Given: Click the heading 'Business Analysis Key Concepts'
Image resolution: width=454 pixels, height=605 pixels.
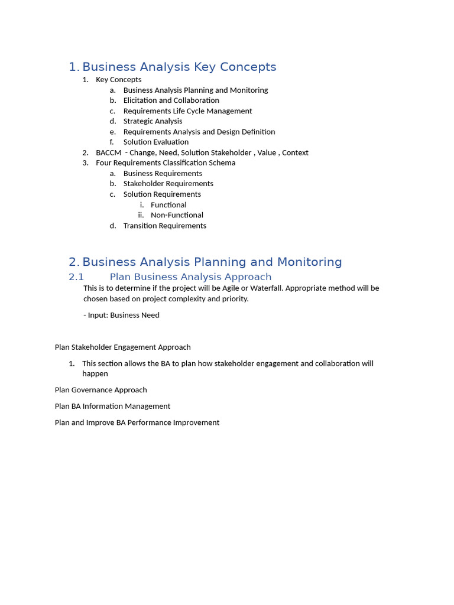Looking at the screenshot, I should click(179, 67).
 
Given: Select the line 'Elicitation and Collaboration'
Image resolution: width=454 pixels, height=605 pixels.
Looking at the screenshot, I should click(171, 100).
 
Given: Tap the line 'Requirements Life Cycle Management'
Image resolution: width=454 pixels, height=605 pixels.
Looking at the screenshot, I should click(187, 111).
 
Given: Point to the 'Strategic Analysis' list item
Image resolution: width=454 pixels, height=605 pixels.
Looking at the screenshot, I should click(153, 121).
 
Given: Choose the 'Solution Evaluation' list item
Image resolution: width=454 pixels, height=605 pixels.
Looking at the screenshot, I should click(156, 142).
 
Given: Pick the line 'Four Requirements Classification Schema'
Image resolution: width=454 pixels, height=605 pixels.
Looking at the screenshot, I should click(166, 162).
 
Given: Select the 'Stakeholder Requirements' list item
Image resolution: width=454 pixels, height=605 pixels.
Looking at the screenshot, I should click(168, 184).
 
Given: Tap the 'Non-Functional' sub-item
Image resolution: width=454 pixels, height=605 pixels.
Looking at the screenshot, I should click(177, 215).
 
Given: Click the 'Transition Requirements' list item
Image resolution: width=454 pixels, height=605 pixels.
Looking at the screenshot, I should click(164, 226).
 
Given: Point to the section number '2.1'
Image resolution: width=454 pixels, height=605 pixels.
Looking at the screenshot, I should click(76, 277).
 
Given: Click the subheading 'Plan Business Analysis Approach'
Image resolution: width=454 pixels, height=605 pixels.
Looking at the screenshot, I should click(190, 277).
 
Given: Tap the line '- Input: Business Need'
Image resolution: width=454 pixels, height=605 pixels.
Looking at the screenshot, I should click(121, 315).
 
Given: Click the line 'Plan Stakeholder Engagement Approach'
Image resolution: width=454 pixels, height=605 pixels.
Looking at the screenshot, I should click(122, 347).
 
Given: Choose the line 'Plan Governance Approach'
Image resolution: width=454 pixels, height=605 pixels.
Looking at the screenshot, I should click(100, 390).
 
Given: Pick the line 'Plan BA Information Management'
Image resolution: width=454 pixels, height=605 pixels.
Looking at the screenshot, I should click(112, 406).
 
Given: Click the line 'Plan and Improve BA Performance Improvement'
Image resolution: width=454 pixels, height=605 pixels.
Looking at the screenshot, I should click(137, 422).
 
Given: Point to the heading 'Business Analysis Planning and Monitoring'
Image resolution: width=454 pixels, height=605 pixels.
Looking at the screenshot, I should click(212, 262).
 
